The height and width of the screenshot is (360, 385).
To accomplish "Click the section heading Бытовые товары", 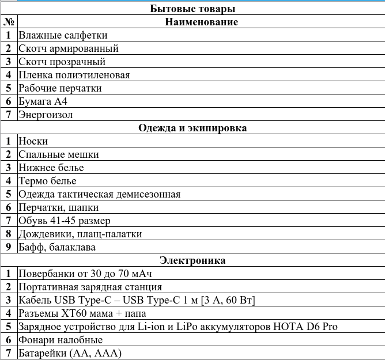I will (192, 9).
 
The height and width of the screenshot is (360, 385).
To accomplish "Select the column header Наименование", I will (201, 22).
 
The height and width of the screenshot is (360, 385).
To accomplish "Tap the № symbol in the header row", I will (9, 22).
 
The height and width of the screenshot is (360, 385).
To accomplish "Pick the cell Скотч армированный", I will (68, 48).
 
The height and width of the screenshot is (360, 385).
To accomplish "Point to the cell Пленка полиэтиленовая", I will (74, 75).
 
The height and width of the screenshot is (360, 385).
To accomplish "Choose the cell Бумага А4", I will (43, 101).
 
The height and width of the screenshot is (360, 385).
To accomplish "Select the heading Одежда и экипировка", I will (192, 128).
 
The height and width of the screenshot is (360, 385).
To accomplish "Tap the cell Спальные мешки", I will (58, 154).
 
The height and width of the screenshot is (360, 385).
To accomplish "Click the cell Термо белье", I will (47, 181).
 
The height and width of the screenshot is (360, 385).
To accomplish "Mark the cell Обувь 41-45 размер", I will (64, 221).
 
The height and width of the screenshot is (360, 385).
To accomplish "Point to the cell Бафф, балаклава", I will (56, 247).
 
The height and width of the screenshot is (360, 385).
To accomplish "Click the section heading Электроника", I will (192, 260).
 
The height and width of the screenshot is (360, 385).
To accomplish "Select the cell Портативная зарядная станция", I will (90, 287).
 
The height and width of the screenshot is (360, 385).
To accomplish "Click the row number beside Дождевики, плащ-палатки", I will (9, 234).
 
